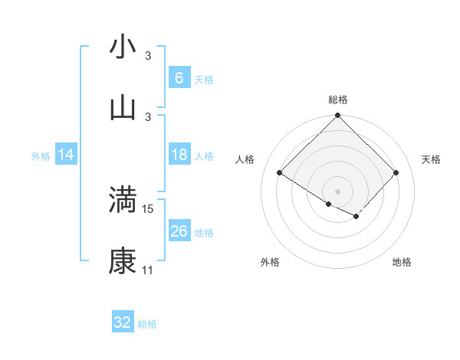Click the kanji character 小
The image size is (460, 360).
point(123,47)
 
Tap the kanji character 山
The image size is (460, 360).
point(123,108)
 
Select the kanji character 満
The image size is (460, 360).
point(123,200)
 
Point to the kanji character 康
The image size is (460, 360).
point(123,261)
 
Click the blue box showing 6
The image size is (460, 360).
point(179,77)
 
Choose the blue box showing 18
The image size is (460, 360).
point(179,155)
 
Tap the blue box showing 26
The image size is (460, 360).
point(179,231)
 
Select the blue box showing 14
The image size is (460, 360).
point(66,155)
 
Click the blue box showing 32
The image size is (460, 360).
point(123,322)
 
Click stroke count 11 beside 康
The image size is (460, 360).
point(148,270)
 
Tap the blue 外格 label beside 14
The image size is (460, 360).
point(41,155)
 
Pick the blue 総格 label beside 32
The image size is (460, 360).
point(147,324)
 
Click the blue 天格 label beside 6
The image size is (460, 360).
point(204,79)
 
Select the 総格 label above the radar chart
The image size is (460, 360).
point(338,100)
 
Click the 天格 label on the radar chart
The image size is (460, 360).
point(431,159)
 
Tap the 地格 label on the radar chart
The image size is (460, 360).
point(402,262)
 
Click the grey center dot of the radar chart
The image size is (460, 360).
point(338,191)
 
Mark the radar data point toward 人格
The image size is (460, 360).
point(280,173)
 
